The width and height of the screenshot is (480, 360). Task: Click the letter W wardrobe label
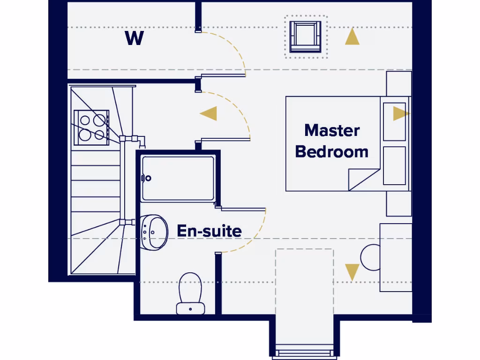pos(134,38)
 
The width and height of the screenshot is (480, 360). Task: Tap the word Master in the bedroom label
pos(332,130)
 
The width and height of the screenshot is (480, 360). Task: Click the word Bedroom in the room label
pos(332,151)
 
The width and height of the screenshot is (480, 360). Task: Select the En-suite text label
pos(209,231)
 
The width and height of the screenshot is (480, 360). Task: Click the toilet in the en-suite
pos(190,293)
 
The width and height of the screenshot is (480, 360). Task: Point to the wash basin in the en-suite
pos(154,232)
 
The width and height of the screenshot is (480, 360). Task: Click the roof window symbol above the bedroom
pos(306,36)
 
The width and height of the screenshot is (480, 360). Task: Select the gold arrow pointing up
pos(352,37)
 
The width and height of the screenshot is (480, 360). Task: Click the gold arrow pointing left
pos(209,113)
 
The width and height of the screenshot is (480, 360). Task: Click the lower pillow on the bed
pos(394,165)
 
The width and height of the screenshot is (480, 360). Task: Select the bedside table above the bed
pos(399,83)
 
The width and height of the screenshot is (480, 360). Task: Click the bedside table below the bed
pos(399,203)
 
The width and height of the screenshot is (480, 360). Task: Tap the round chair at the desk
pos(370,257)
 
